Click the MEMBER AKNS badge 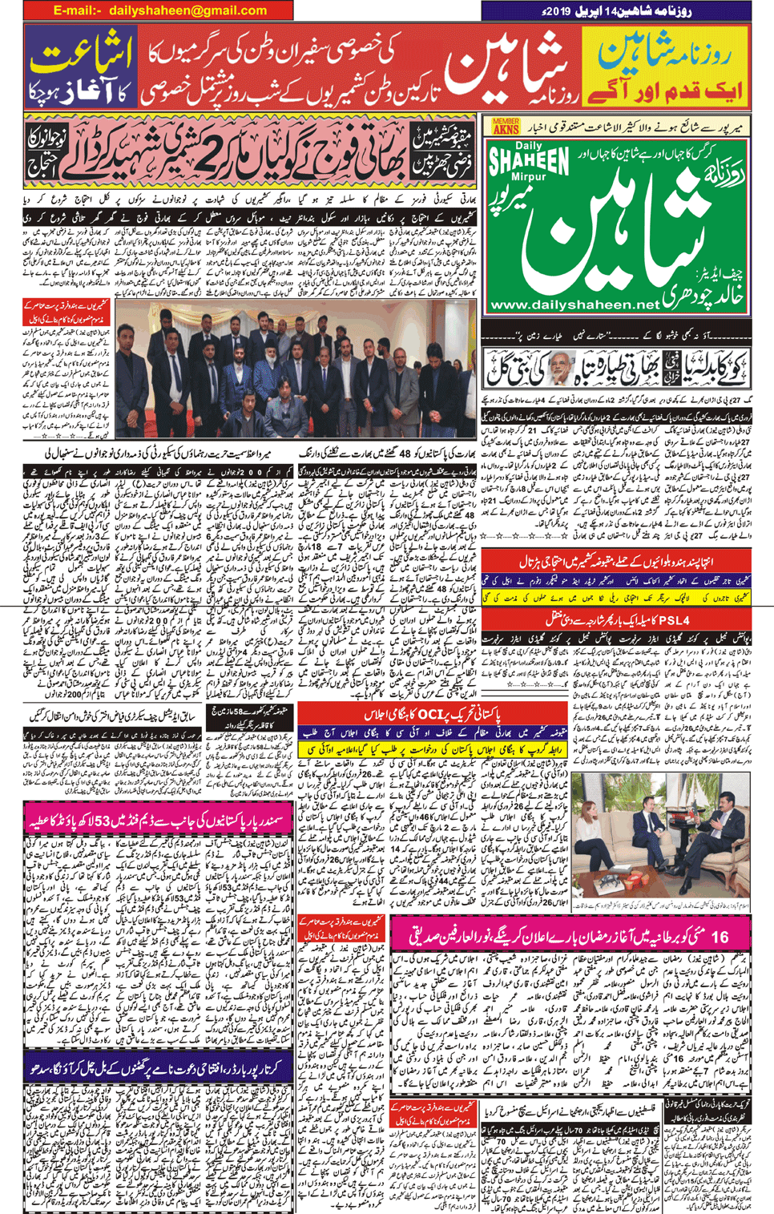(506, 126)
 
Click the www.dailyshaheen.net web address (574, 305)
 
